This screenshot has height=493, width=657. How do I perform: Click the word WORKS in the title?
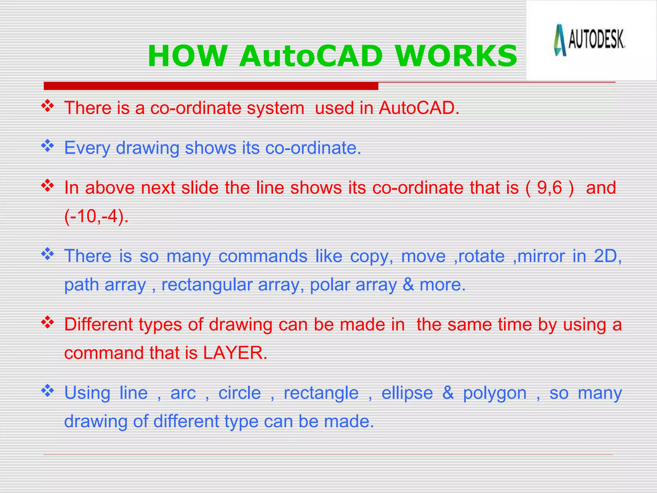click(x=456, y=56)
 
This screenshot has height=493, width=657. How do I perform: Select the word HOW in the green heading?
click(x=187, y=56)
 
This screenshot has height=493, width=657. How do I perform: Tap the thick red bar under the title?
click(x=211, y=86)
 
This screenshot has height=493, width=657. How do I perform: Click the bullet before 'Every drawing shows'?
click(x=47, y=146)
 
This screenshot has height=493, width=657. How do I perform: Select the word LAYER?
click(x=235, y=353)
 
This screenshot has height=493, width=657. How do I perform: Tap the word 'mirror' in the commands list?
click(x=541, y=256)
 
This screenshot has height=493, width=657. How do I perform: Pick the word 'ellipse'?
click(x=407, y=393)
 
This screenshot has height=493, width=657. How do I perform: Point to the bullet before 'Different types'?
click(x=47, y=323)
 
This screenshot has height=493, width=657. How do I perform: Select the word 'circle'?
click(x=239, y=393)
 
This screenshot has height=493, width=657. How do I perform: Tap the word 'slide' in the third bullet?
click(x=200, y=187)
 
